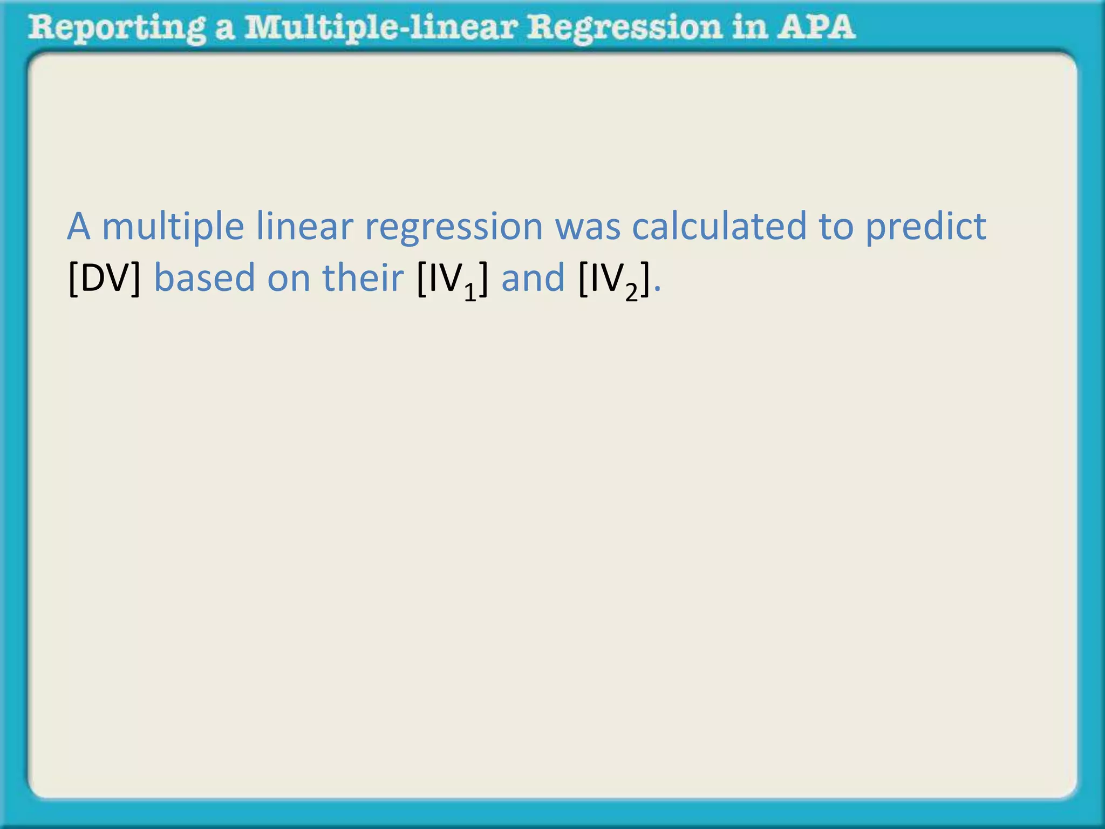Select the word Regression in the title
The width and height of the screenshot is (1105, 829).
(624, 28)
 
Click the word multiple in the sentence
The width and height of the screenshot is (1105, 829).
(173, 227)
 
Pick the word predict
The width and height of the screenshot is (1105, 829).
(926, 227)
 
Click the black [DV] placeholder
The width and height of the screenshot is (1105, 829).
(105, 278)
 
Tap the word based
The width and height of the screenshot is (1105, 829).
(204, 278)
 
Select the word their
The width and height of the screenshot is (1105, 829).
(363, 277)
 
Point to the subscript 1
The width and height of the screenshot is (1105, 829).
(470, 293)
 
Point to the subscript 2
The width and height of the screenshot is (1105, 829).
(631, 293)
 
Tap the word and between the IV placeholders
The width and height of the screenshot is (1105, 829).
(533, 278)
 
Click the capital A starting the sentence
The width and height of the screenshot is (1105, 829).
(79, 227)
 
